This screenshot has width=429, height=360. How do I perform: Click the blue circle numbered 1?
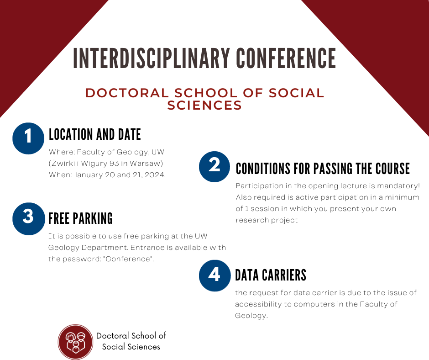click(x=28, y=138)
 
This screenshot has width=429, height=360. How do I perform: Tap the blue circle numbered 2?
click(x=214, y=167)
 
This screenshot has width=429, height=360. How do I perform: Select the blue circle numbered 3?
click(x=28, y=219)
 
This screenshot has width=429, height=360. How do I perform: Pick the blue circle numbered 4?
click(x=215, y=275)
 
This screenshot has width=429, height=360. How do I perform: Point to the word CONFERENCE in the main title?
click(x=286, y=58)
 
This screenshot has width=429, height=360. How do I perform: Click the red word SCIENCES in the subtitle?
click(x=204, y=106)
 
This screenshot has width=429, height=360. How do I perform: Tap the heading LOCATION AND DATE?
click(x=94, y=134)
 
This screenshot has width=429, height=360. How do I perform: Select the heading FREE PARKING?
click(x=80, y=218)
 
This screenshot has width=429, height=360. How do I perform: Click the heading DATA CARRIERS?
click(x=271, y=275)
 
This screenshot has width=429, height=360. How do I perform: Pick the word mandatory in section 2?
click(x=398, y=186)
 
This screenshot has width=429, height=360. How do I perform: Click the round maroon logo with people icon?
click(x=75, y=342)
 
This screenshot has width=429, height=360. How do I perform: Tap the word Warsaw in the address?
click(x=145, y=164)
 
